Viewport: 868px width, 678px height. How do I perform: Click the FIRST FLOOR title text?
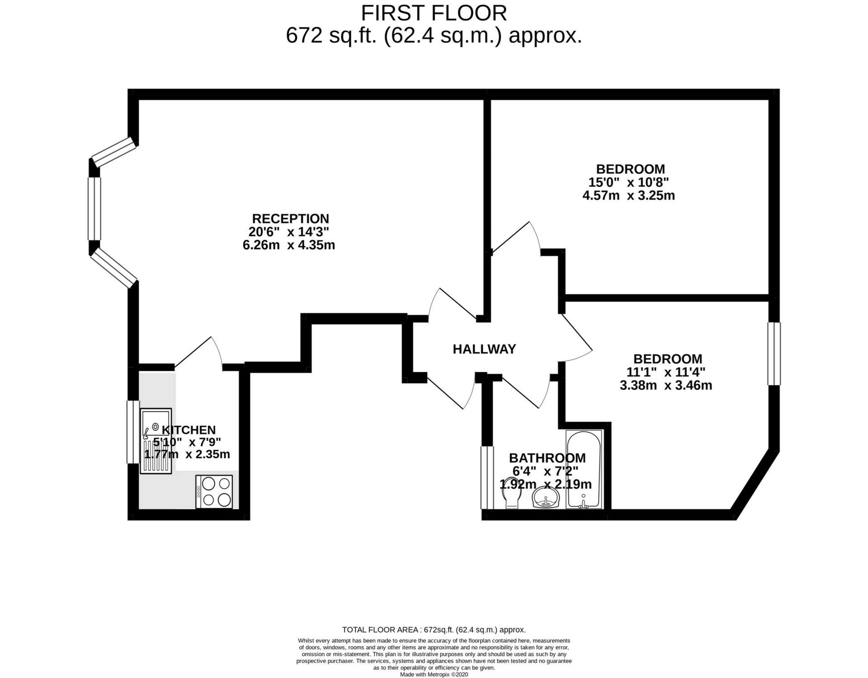coord(434,14)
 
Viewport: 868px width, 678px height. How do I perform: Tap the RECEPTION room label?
coord(290,219)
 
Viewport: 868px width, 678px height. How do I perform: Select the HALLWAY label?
coord(484,349)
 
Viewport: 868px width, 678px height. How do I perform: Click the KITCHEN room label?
coord(189,430)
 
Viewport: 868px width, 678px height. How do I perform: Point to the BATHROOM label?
coord(547,458)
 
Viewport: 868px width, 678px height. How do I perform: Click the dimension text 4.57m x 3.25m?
coord(628,196)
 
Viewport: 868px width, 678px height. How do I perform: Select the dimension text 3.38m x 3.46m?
coord(665,386)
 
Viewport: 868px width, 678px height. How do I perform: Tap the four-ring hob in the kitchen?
coord(215,492)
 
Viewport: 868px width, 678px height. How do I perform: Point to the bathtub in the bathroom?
coord(584,469)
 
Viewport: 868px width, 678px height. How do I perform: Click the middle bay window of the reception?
coord(94,208)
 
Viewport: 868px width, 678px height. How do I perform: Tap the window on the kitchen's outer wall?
coord(132,432)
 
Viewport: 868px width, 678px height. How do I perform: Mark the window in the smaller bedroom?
coord(774,353)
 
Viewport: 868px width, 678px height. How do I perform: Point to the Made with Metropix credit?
coord(434,674)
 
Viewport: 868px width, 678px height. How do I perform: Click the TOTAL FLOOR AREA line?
coord(434,630)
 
